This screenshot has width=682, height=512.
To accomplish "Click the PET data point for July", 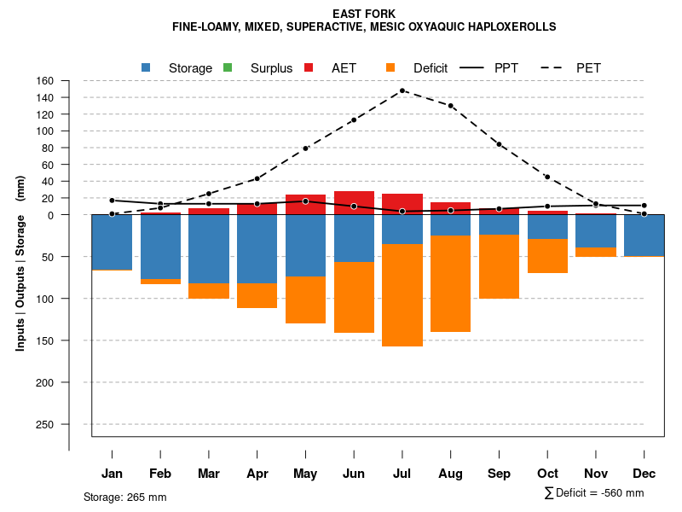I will tap(402, 90).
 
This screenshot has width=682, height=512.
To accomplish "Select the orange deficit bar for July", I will tap(402, 295).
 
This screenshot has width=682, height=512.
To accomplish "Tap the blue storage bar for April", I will tap(257, 248).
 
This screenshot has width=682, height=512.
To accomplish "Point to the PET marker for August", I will tap(451, 106).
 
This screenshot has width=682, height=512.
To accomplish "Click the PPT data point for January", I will tap(112, 201).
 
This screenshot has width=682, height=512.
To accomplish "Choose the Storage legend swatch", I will tap(146, 67).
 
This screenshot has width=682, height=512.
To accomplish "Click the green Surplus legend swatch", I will tap(228, 67).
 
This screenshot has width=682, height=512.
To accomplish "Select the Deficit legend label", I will tap(431, 68).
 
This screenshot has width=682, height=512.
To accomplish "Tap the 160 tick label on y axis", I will tap(45, 81).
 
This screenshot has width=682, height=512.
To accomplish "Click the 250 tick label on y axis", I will tap(45, 424).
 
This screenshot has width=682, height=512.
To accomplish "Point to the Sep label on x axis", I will tap(500, 474).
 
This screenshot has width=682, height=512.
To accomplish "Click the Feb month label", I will tap(160, 474).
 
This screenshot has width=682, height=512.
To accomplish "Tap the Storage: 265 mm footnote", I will tap(125, 497).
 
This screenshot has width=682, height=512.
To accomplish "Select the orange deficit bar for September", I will tap(500, 267).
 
